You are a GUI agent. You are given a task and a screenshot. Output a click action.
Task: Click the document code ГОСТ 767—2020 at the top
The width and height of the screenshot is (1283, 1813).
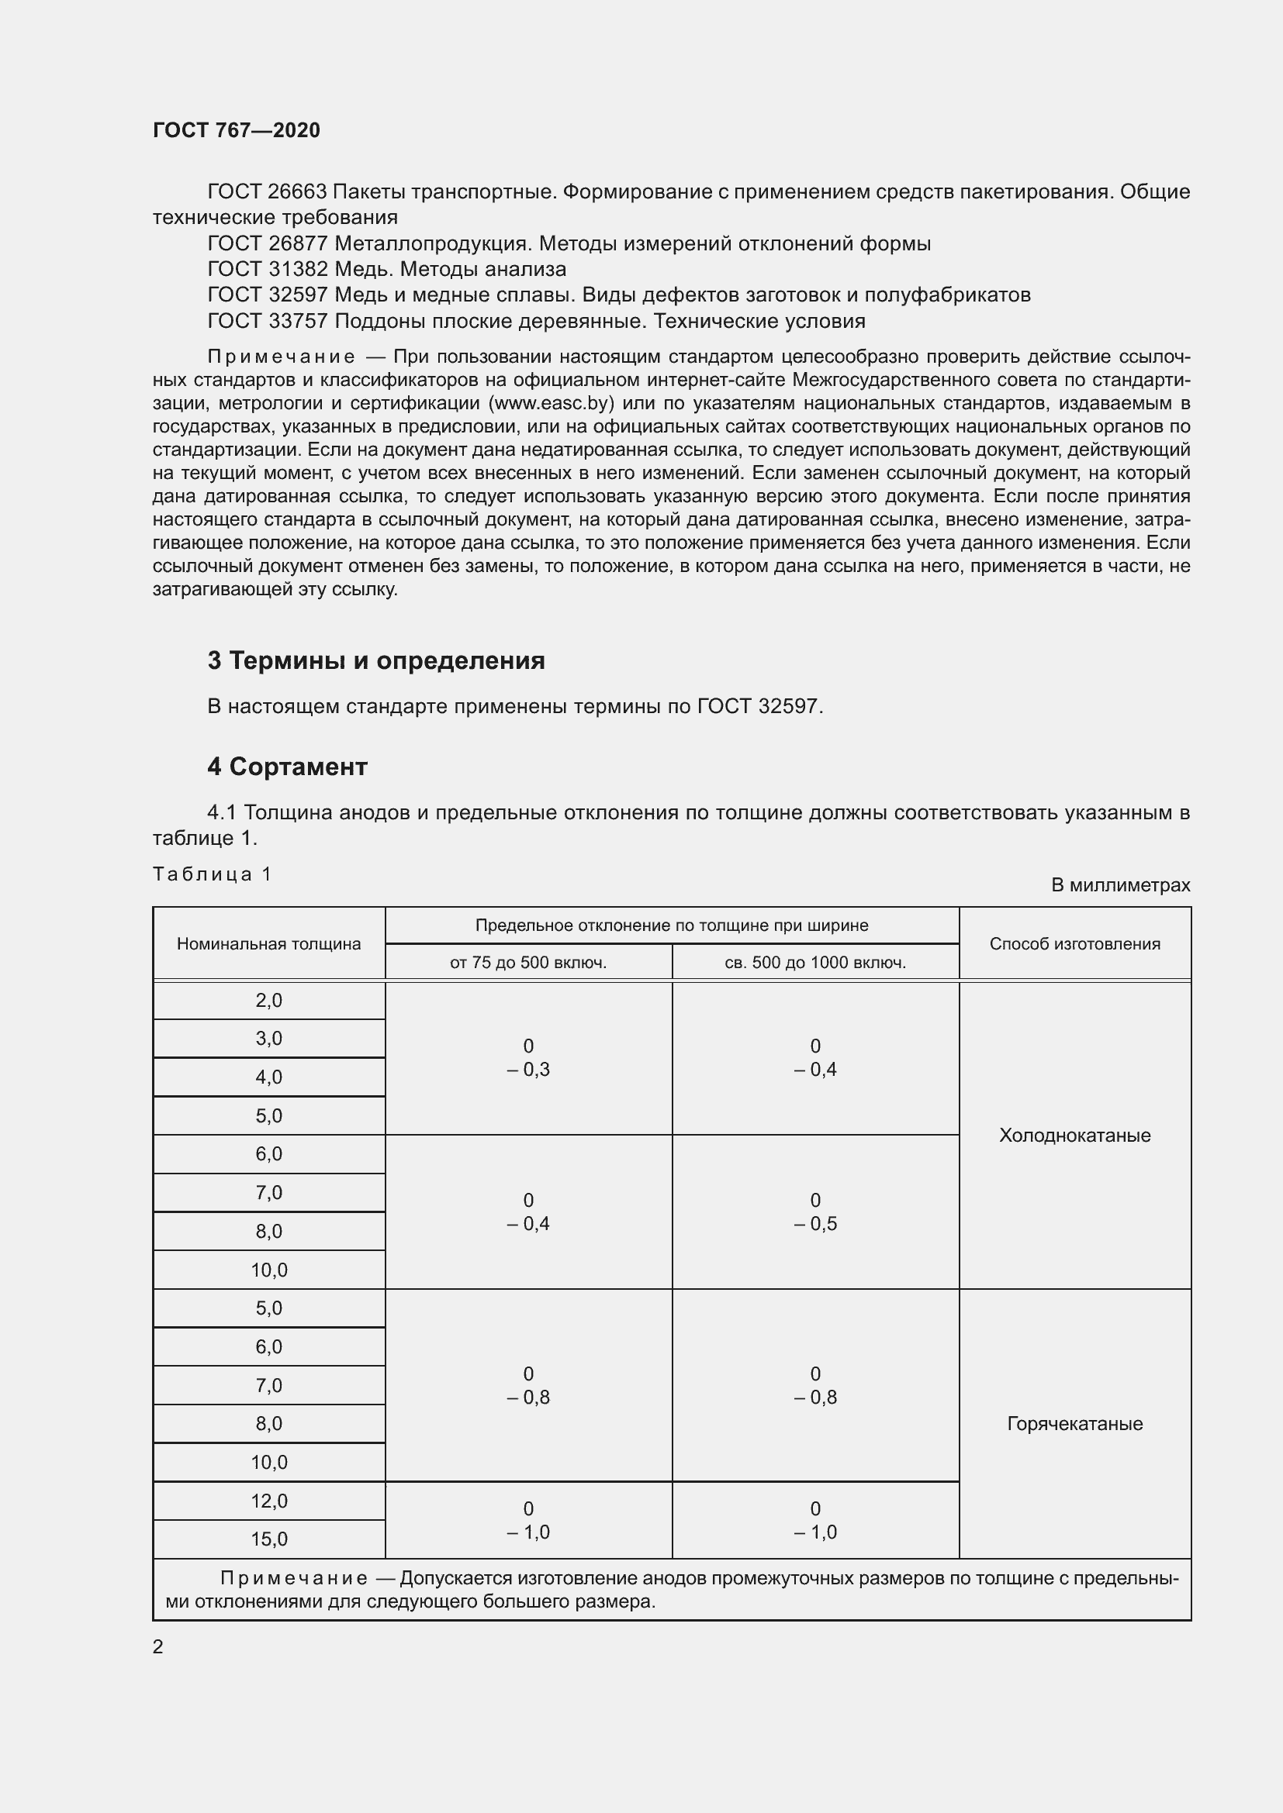pos(237,130)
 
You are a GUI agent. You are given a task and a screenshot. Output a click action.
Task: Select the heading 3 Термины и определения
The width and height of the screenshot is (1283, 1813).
pos(376,660)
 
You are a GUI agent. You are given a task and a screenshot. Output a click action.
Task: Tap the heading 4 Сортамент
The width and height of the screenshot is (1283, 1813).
pos(288,766)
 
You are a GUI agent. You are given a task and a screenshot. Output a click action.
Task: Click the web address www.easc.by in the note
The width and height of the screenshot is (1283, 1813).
pos(552,403)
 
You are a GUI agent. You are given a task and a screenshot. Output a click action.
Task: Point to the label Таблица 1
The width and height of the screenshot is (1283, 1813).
pos(212,874)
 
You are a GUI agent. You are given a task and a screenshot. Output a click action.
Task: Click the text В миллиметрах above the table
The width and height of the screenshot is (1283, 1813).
pos(1120,884)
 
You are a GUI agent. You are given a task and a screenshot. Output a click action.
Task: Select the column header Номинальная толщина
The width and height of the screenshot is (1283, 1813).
pos(268,943)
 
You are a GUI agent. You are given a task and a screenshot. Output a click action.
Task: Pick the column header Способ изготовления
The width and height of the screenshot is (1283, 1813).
pos(1074,943)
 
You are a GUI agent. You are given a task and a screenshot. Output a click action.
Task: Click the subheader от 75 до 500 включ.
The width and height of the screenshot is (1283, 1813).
pos(527,963)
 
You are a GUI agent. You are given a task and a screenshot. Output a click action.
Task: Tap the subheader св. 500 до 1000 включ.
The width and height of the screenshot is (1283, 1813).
pos(814,963)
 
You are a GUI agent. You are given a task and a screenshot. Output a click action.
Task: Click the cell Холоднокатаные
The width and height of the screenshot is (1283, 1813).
pos(1074,1135)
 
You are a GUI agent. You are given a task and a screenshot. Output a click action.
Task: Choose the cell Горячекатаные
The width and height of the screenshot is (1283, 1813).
pos(1074,1423)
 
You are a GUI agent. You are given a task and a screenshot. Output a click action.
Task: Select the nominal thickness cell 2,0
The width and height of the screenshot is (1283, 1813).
pos(268,1001)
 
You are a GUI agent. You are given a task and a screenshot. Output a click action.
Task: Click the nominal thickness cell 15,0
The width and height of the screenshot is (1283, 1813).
pos(268,1539)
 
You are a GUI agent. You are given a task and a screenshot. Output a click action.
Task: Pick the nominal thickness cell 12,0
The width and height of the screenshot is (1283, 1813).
pos(268,1501)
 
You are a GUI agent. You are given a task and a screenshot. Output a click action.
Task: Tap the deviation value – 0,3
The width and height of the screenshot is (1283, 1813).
pos(527,1070)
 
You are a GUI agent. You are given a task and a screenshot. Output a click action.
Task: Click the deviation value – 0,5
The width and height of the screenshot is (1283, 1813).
pos(814,1224)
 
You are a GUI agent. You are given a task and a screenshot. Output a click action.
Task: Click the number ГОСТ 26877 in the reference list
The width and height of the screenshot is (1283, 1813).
pos(267,243)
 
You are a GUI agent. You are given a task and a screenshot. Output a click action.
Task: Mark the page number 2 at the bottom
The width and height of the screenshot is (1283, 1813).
pos(158,1646)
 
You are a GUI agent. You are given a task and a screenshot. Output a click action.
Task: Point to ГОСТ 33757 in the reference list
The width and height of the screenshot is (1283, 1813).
pos(267,321)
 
